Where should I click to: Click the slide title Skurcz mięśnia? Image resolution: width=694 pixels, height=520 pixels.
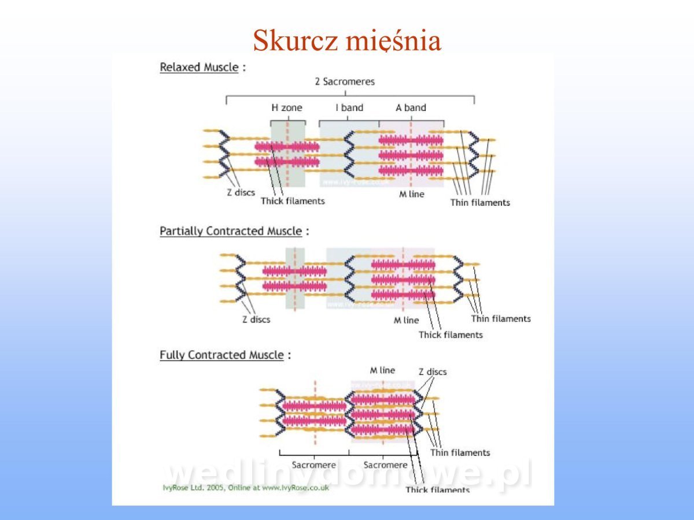pyautogui.click(x=347, y=41)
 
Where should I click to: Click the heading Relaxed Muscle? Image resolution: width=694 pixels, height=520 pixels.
pyautogui.click(x=199, y=67)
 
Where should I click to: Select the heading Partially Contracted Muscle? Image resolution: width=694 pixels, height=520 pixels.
pyautogui.click(x=231, y=231)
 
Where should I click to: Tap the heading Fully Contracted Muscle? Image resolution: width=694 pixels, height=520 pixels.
pyautogui.click(x=222, y=355)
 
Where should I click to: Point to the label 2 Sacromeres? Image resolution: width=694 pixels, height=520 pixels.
pyautogui.click(x=345, y=81)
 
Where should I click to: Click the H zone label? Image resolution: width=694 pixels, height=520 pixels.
pyautogui.click(x=287, y=107)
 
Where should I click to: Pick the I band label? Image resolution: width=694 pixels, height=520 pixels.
pyautogui.click(x=349, y=107)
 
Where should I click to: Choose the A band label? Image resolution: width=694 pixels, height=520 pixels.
pyautogui.click(x=411, y=107)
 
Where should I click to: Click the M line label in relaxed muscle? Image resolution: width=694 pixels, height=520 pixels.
pyautogui.click(x=412, y=194)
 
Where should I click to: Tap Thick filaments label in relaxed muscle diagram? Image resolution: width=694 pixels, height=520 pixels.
pyautogui.click(x=293, y=201)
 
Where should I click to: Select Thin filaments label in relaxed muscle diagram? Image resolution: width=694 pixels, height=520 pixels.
pyautogui.click(x=480, y=203)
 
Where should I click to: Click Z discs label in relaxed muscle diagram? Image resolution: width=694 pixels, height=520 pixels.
pyautogui.click(x=241, y=192)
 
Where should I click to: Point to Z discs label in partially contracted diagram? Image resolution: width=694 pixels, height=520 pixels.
pyautogui.click(x=256, y=319)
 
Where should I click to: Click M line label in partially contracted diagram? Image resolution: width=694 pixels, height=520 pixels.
pyautogui.click(x=406, y=320)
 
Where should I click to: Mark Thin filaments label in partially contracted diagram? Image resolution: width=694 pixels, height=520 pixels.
pyautogui.click(x=501, y=318)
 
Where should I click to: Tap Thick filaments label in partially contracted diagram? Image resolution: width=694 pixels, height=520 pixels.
pyautogui.click(x=451, y=335)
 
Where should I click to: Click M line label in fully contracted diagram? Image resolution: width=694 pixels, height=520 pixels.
pyautogui.click(x=382, y=370)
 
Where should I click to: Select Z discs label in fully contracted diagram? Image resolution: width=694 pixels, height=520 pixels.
pyautogui.click(x=433, y=372)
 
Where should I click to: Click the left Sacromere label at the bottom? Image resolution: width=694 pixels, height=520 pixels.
pyautogui.click(x=314, y=465)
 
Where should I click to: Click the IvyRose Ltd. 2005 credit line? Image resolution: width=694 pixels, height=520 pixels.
pyautogui.click(x=246, y=487)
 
